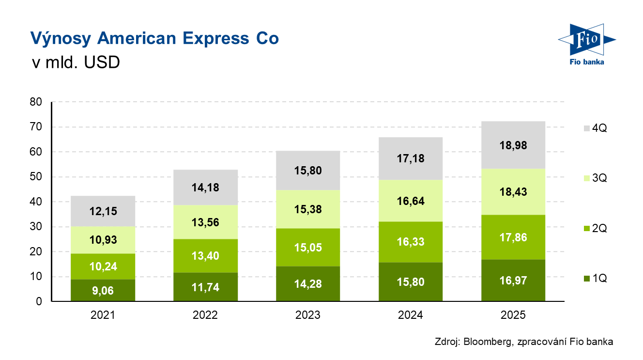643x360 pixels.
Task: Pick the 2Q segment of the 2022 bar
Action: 205,256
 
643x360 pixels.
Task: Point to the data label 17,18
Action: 410,158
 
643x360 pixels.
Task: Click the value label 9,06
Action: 103,291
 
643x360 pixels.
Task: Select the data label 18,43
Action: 513,192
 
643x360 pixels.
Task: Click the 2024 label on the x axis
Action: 410,315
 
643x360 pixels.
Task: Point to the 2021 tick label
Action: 103,315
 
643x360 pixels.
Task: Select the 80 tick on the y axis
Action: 37,102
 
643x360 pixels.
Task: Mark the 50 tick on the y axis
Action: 37,177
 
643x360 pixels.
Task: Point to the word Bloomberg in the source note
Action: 487,342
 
